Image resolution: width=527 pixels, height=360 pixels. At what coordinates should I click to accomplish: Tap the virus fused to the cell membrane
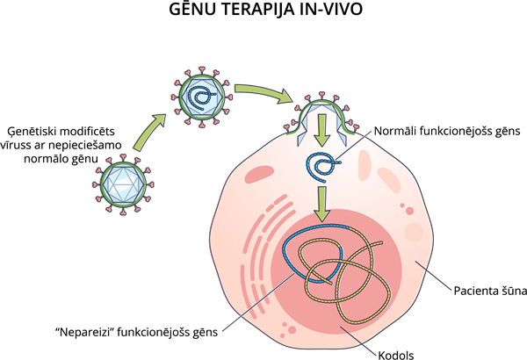(x=322, y=119)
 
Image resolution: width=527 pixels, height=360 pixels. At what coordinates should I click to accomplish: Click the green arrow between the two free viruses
(x=148, y=134)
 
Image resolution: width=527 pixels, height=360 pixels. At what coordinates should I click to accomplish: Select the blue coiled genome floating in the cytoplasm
(x=321, y=164)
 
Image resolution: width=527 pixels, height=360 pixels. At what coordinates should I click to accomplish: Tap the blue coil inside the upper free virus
(x=205, y=97)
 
